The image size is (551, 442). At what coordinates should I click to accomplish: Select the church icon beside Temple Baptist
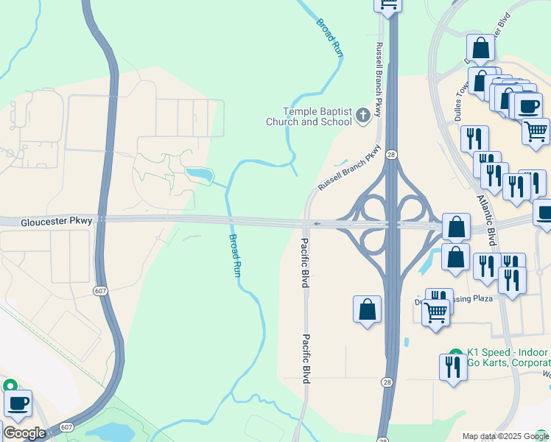(362, 115)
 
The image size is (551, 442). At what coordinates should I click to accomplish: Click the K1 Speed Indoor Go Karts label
(508, 359)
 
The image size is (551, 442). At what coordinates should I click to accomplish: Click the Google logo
(24, 433)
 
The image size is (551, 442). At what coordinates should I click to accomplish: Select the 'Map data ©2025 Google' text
(505, 436)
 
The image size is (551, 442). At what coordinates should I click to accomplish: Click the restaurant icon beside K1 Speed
(452, 367)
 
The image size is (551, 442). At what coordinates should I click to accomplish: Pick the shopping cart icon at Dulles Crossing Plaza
(435, 312)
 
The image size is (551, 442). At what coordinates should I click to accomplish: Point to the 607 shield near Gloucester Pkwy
(99, 291)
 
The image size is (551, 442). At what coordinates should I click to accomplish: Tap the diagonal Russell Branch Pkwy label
(349, 168)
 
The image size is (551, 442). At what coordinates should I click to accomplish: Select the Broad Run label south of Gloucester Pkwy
(235, 255)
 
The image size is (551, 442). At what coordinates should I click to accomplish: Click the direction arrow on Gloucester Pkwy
(317, 224)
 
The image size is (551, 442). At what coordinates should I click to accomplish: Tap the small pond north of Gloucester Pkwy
(199, 175)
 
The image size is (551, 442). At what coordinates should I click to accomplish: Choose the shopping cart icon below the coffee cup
(536, 131)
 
